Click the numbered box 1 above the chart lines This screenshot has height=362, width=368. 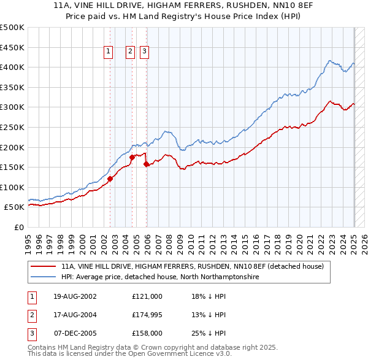[108, 52]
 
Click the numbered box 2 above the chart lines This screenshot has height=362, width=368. [131, 52]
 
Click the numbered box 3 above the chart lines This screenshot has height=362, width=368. [144, 52]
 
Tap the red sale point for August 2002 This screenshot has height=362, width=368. [110, 179]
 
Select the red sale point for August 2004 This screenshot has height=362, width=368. [132, 157]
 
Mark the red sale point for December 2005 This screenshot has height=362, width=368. [146, 164]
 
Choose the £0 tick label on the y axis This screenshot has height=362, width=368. [18, 227]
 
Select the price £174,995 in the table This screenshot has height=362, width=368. [147, 315]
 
